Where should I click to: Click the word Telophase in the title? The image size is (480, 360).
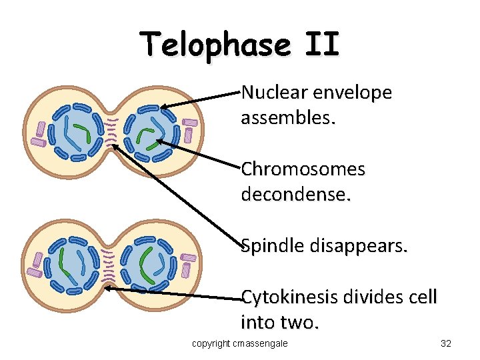pyautogui.click(x=215, y=45)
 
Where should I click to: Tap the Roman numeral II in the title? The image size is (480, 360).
pyautogui.click(x=321, y=45)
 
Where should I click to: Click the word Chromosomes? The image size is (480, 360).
pyautogui.click(x=303, y=169)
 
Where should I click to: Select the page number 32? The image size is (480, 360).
pyautogui.click(x=446, y=343)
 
